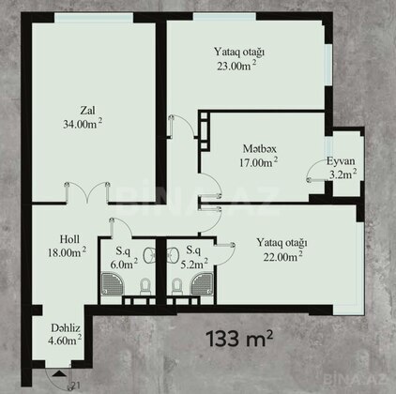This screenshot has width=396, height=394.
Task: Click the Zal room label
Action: pos(87,111)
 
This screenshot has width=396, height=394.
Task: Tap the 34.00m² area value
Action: pos(83,124)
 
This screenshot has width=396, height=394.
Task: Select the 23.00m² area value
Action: pos(237,66)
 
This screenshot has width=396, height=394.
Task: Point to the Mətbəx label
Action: pos(260,149)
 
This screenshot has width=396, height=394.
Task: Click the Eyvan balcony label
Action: pos(341,161)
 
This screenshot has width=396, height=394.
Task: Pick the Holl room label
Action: pos(69,239)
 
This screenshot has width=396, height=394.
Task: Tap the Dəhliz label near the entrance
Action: pos(66,328)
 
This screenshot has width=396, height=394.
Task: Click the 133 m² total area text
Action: pos(239,339)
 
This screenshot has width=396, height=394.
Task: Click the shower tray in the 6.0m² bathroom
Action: pos(113,284)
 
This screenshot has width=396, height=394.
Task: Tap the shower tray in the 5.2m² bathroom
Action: pos(203,284)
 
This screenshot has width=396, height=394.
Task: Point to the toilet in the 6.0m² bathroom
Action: pos(145,286)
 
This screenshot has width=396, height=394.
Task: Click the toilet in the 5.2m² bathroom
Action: pos(176,286)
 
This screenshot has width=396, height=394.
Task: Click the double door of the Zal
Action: pos(87,192)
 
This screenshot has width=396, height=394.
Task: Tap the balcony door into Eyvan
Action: pos(316,171)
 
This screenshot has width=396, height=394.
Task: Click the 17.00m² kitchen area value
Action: pos(259,162)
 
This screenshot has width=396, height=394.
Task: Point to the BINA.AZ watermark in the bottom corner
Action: pos(356,379)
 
